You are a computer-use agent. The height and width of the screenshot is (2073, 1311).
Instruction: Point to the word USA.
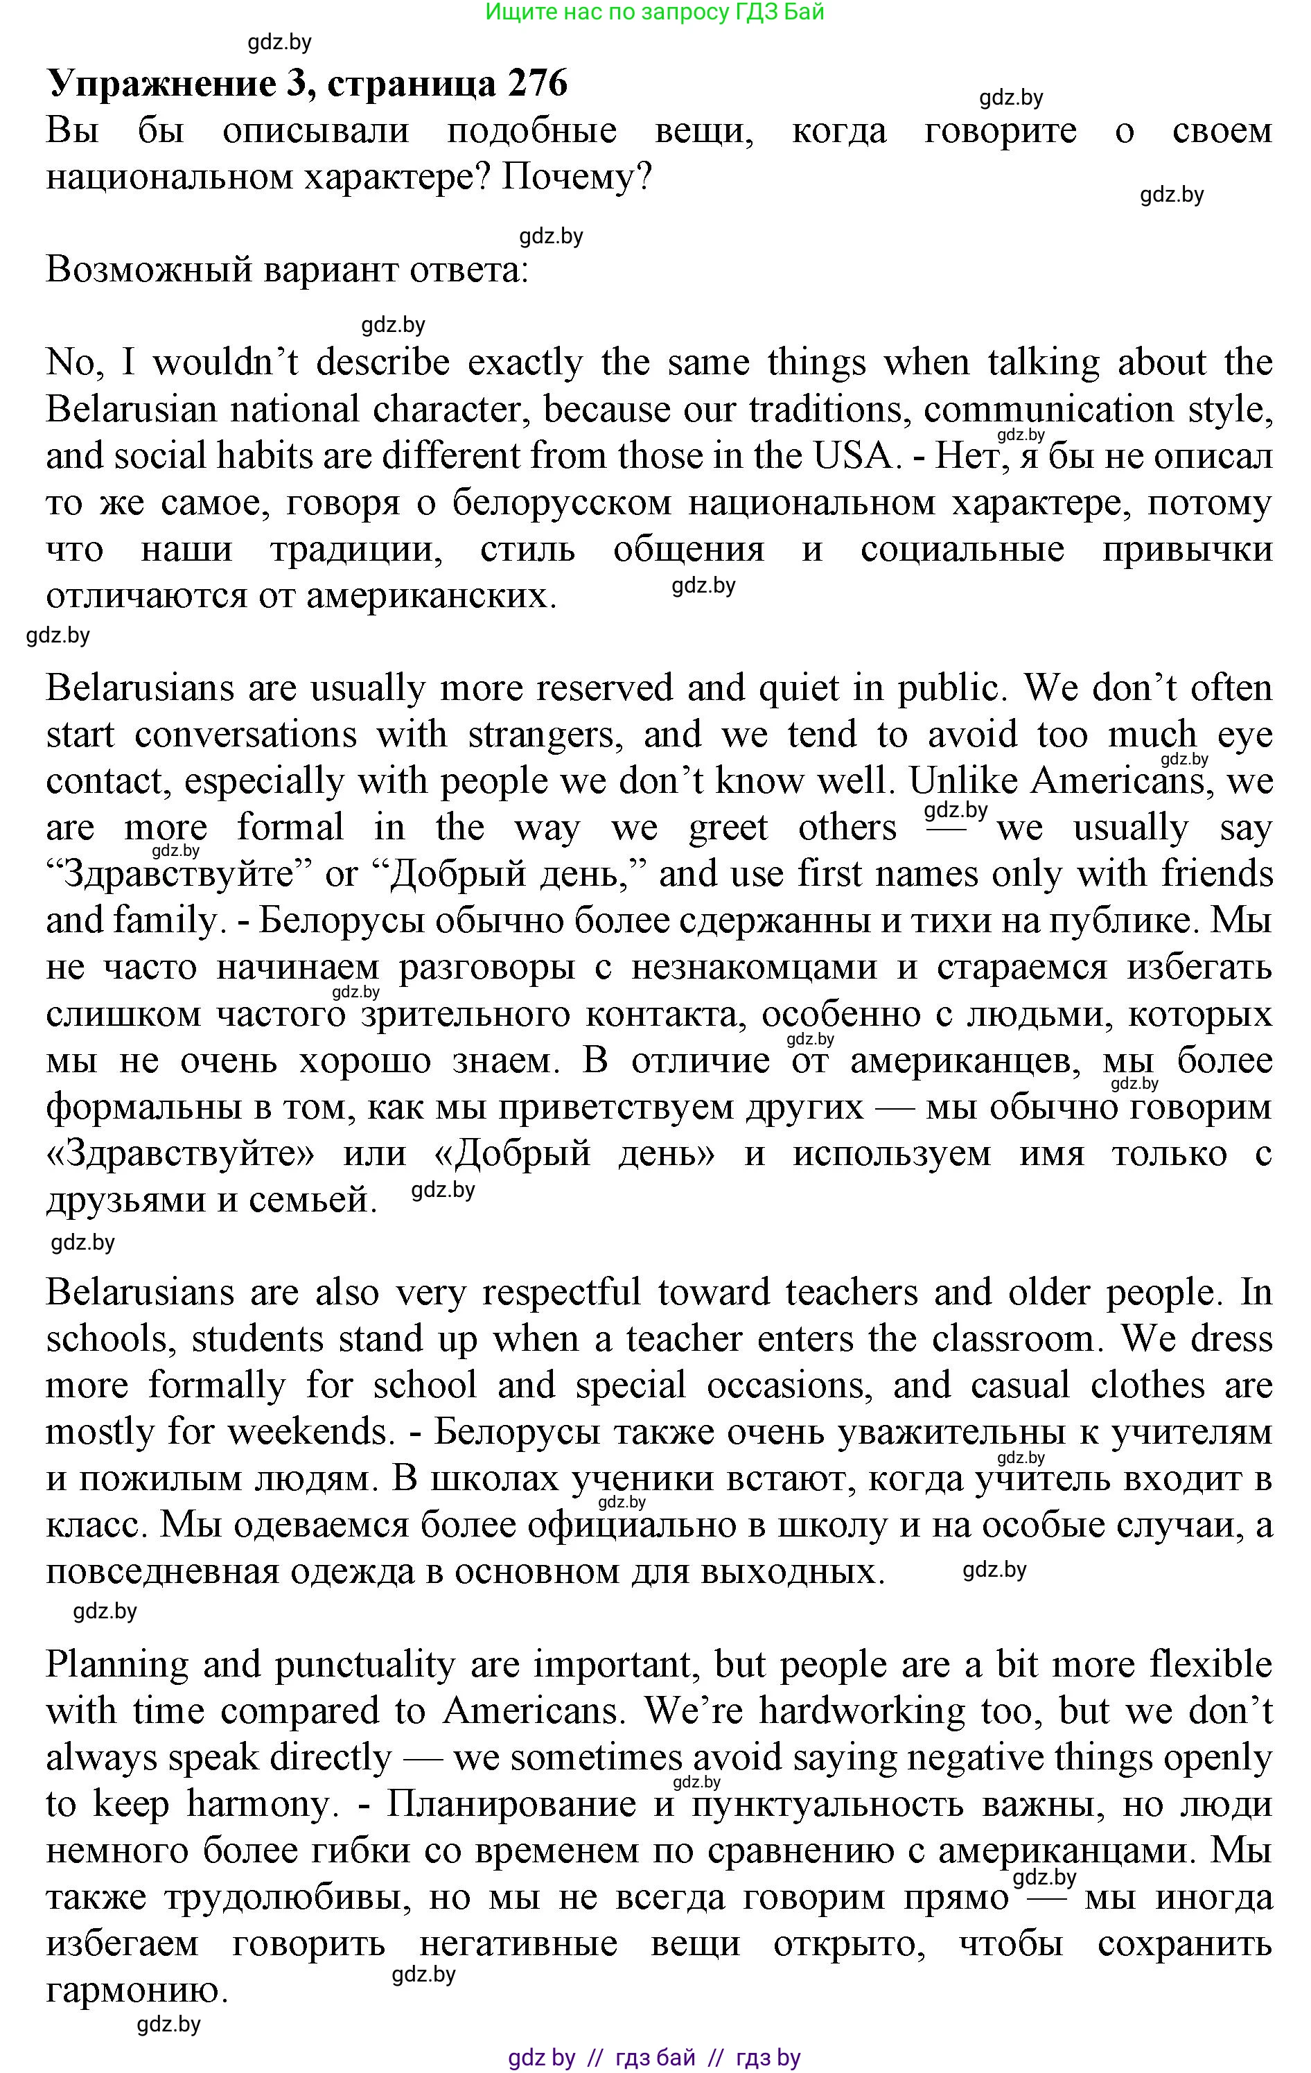[x=855, y=456]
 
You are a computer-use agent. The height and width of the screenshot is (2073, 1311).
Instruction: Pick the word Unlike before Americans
[x=963, y=782]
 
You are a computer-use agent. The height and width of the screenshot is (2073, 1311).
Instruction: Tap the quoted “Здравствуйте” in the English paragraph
[x=179, y=875]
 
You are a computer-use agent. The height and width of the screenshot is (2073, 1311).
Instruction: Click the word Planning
[x=117, y=1665]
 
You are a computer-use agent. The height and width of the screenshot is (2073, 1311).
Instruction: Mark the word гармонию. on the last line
[x=136, y=1991]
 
